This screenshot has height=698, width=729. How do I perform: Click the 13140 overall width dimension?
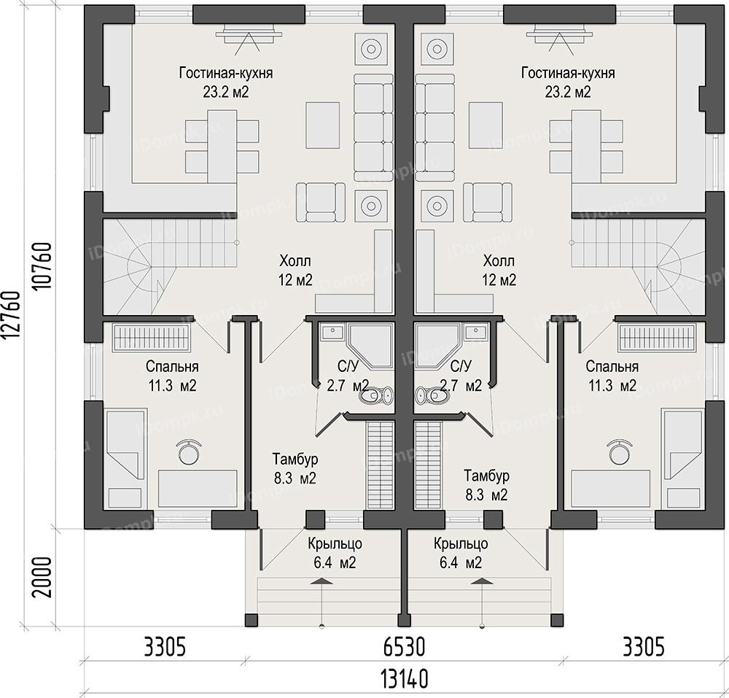(405, 679)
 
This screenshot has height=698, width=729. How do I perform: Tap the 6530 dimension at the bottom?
(405, 647)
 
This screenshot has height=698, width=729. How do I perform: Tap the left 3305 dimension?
(165, 647)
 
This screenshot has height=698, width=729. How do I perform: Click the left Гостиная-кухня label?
(226, 73)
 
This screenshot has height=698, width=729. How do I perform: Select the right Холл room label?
(499, 261)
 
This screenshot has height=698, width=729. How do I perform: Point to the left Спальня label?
(172, 366)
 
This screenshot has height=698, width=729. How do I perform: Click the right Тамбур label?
(486, 476)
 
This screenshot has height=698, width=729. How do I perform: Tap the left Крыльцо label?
(335, 543)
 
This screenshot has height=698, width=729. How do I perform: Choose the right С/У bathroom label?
(461, 366)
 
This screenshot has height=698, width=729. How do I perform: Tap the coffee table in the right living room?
(486, 125)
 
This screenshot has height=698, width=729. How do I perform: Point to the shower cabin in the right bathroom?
(437, 347)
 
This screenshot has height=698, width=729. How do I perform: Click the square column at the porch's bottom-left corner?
(251, 620)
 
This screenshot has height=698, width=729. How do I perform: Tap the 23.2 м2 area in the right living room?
(568, 92)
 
